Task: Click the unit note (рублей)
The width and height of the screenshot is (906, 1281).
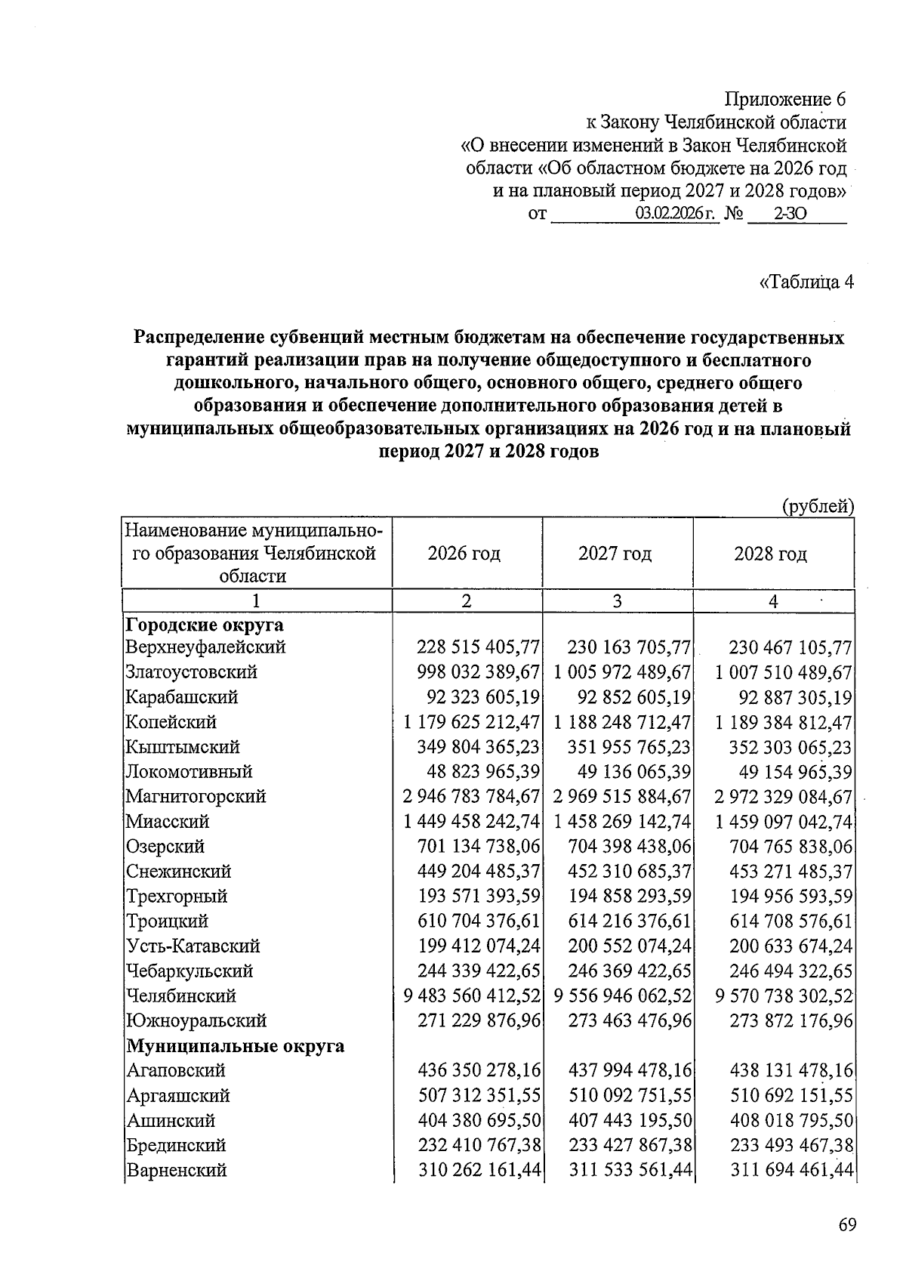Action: (818, 506)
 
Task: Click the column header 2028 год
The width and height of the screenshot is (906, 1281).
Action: (770, 554)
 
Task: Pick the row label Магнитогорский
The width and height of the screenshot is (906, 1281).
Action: (196, 796)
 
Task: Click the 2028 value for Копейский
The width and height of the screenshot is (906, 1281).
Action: (784, 722)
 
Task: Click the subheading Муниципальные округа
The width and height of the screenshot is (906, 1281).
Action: (235, 1045)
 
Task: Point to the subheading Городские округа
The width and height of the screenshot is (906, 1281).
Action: (205, 625)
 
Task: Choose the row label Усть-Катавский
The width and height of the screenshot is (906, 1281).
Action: (193, 946)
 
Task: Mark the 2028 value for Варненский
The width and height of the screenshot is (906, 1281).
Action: (791, 1170)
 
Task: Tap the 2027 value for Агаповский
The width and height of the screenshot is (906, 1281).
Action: (629, 1070)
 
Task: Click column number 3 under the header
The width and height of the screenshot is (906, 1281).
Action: (617, 601)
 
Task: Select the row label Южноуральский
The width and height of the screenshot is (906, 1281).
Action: (196, 1020)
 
